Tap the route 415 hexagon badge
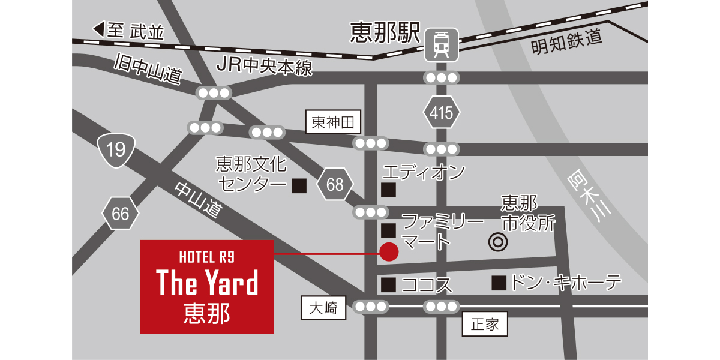[441, 113]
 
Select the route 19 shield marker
[116, 149]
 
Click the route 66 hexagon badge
[120, 213]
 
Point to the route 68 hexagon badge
[334, 184]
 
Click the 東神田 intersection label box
[334, 123]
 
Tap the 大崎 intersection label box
[323, 308]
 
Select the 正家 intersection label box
[485, 325]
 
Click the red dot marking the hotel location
[389, 252]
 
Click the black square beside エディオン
[389, 191]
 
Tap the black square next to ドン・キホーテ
[499, 283]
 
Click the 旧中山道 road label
[148, 68]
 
